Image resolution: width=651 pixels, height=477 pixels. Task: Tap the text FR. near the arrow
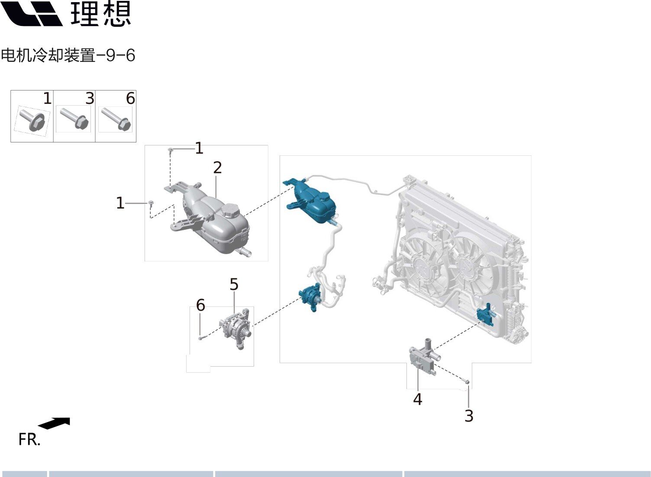coord(29,439)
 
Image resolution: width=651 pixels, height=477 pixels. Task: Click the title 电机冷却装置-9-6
coord(68,55)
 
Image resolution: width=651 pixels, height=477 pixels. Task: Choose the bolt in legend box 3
coord(74,118)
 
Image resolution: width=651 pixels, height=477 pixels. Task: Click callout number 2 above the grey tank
coord(217,168)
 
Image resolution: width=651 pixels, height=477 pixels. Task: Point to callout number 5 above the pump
coord(234,284)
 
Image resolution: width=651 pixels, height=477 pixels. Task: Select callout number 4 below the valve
coord(417,399)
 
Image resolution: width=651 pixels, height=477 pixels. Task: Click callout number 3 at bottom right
coord(469,416)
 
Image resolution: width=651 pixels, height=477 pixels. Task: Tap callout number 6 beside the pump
coord(200,305)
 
